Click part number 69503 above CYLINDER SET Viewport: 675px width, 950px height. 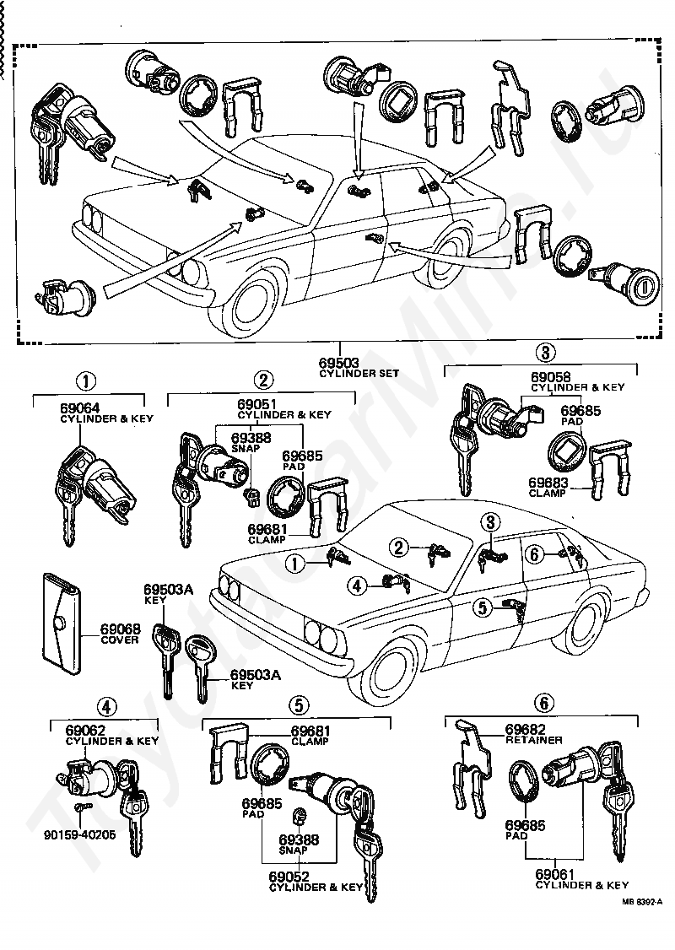(338, 363)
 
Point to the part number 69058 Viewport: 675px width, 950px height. (550, 376)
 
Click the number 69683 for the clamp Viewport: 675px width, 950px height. (549, 482)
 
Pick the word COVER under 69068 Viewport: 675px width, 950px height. (120, 640)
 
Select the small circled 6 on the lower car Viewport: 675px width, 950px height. (532, 554)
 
